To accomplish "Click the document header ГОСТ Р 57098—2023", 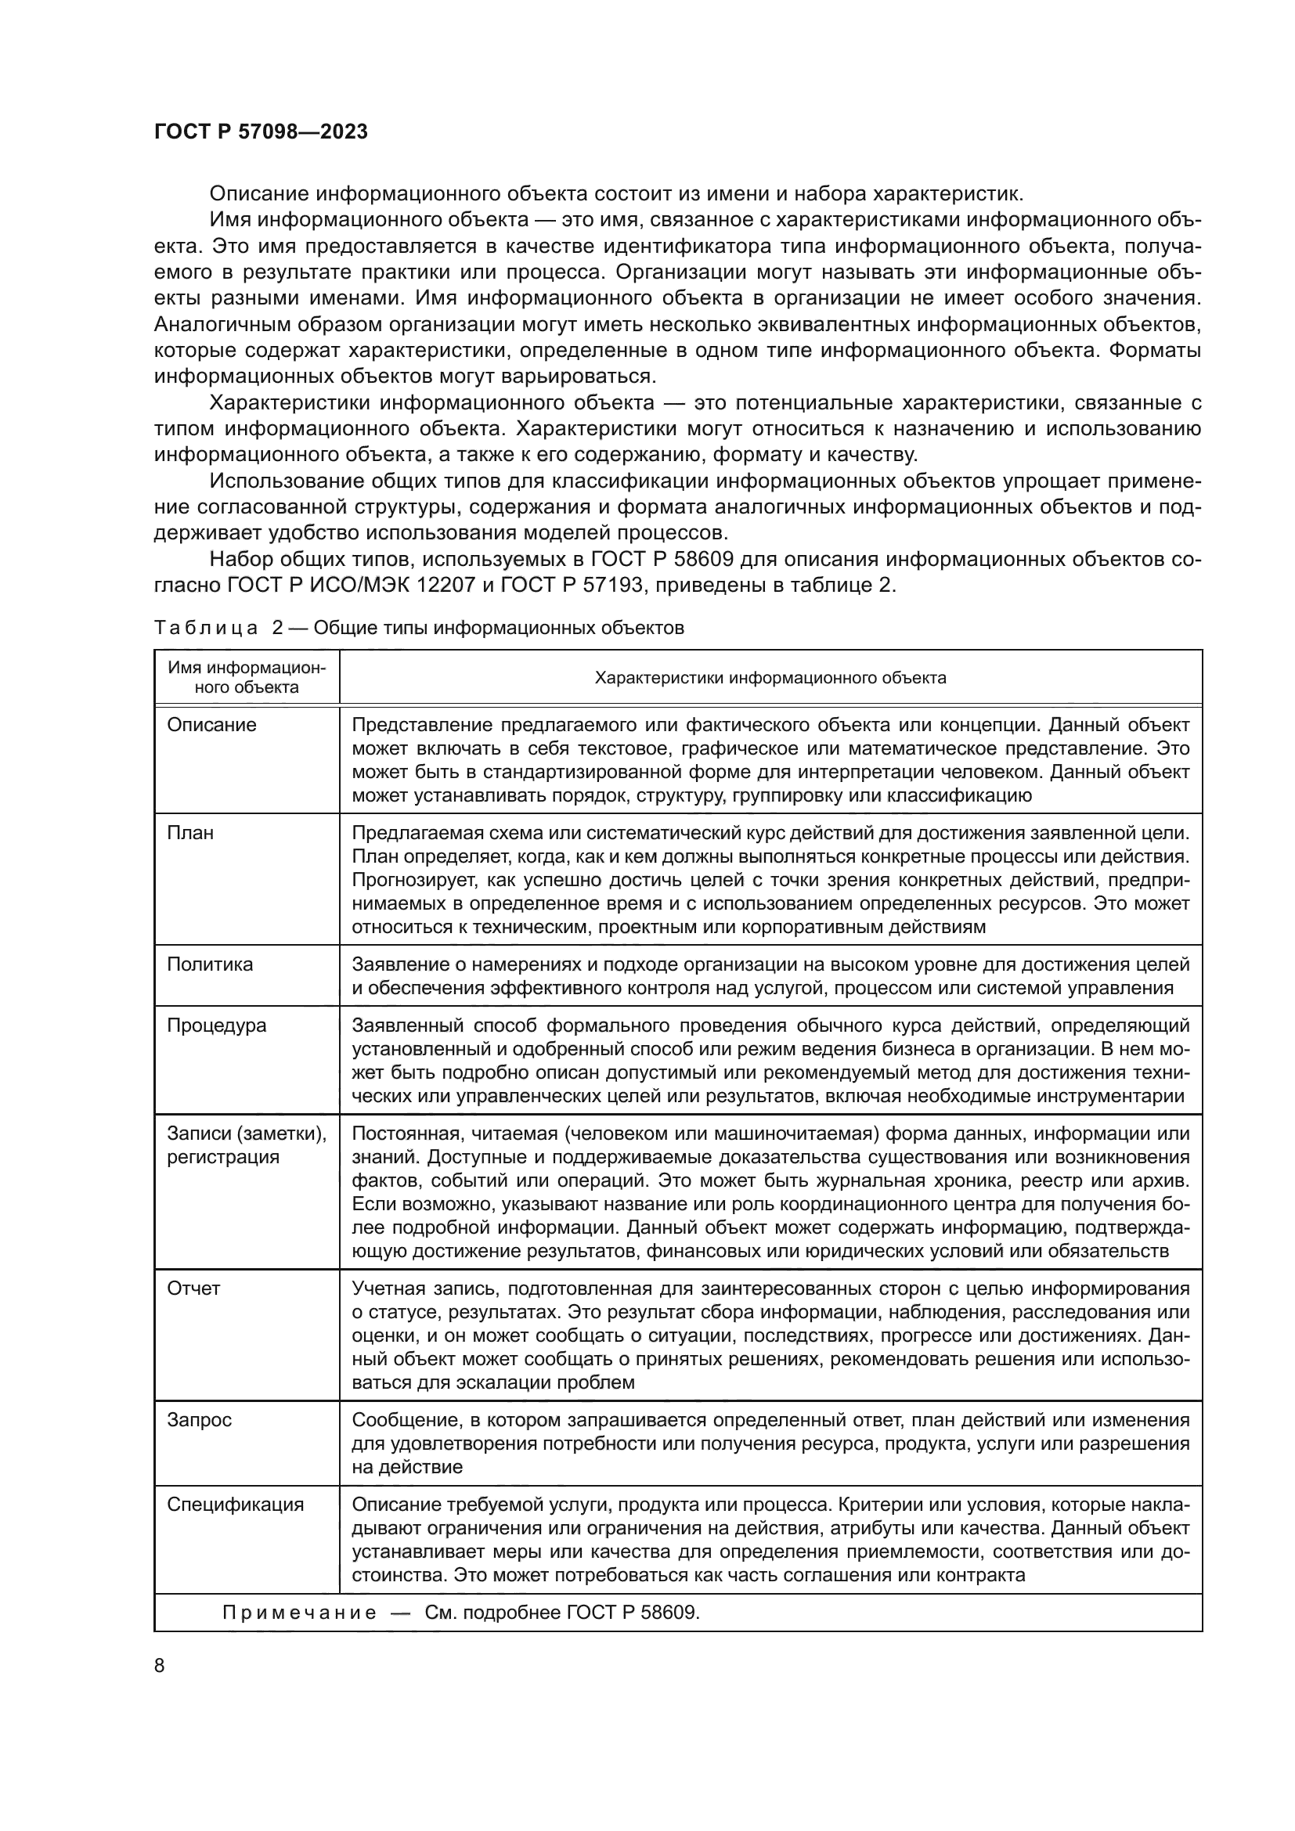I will tap(261, 132).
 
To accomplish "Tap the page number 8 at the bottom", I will tap(160, 1665).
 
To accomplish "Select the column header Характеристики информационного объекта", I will tap(770, 678).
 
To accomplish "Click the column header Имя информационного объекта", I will tap(247, 677).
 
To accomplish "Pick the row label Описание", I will tap(211, 725).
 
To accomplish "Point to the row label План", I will tap(189, 833).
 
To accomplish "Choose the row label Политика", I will tap(210, 964).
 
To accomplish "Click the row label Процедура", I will tap(216, 1025).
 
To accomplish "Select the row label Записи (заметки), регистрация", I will tap(247, 1145).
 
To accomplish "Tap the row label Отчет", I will tap(193, 1289).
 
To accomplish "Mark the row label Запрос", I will tap(199, 1420).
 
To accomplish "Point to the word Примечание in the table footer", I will tap(299, 1613).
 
